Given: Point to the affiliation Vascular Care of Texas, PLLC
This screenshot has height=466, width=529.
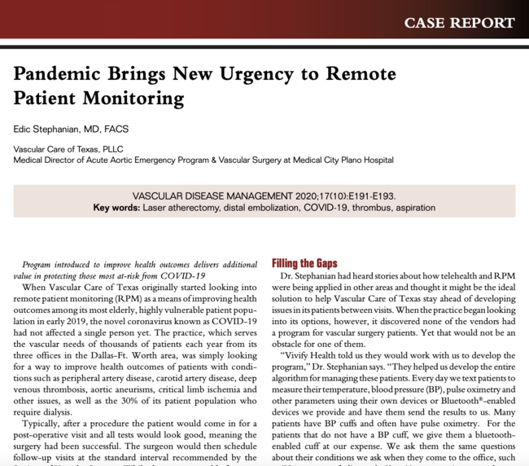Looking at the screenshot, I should (69, 149).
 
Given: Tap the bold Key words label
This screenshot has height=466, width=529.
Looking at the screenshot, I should (116, 208).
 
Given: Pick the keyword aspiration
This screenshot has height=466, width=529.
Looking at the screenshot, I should (412, 208).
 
